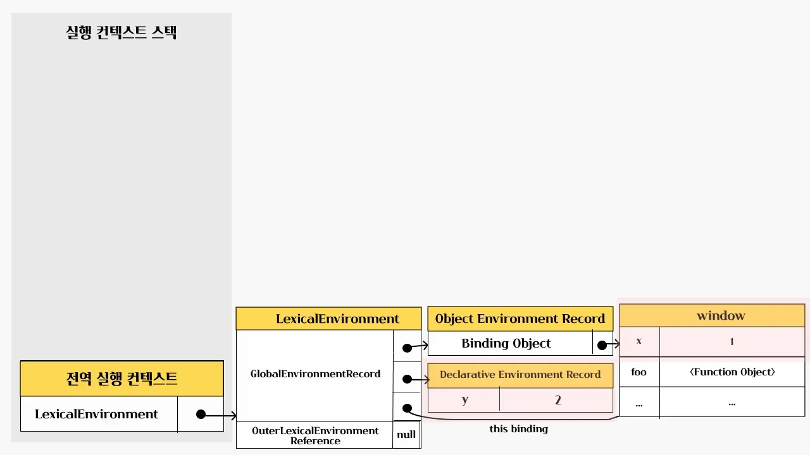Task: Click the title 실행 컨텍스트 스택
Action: [121, 32]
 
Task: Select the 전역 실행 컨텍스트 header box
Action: [121, 379]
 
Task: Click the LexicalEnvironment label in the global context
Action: [96, 415]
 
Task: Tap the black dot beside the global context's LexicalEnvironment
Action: [201, 415]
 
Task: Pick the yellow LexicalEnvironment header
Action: [328, 318]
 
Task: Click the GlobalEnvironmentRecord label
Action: [315, 374]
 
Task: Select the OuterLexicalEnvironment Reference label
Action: [315, 435]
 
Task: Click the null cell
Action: [406, 435]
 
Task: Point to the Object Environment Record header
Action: [520, 318]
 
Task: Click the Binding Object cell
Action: [506, 344]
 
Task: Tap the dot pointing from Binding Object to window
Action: [601, 345]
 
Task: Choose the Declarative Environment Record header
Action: [520, 375]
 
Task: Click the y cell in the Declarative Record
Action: [464, 400]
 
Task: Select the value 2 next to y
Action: [558, 400]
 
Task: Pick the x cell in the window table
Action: [639, 341]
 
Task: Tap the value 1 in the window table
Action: [732, 341]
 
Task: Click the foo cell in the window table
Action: [639, 372]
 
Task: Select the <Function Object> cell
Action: [732, 372]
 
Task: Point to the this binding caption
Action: [518, 429]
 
